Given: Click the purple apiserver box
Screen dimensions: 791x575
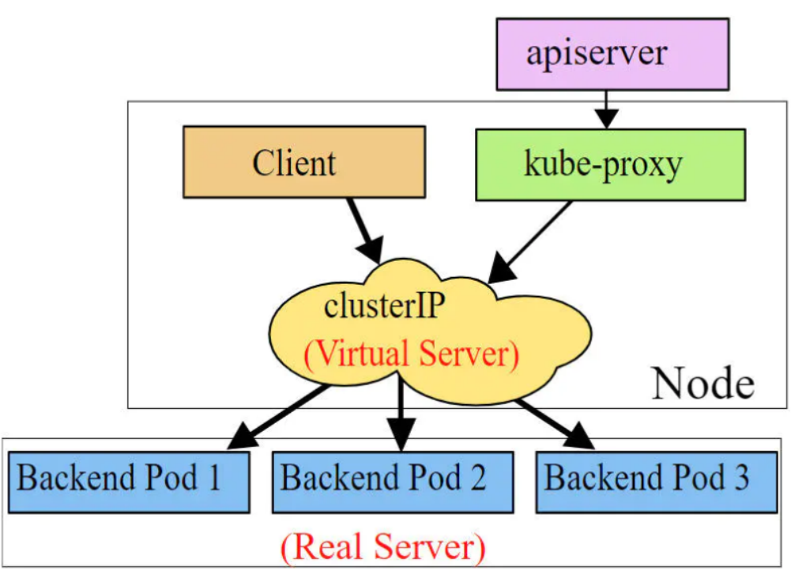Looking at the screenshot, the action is [612, 55].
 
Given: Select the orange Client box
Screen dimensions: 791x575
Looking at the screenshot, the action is [304, 162].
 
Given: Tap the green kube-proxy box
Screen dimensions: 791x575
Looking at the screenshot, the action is [610, 165].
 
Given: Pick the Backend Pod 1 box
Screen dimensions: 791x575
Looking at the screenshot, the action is [129, 482].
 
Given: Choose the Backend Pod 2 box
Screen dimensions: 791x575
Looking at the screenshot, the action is [393, 482].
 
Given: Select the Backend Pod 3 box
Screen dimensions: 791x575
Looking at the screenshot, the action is [657, 482].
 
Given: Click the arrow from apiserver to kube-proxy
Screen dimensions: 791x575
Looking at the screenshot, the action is [606, 110].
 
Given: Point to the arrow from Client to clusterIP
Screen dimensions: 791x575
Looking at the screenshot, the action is [365, 231].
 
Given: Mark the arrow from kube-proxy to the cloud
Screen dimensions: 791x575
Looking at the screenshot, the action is [529, 242].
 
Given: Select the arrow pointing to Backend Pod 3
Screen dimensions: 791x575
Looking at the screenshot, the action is [555, 424].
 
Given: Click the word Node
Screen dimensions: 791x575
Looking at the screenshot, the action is [703, 384].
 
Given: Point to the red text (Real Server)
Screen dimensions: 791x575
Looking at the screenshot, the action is [383, 548].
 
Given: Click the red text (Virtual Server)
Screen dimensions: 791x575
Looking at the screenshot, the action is [411, 354].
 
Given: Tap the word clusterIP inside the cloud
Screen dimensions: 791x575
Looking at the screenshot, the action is [384, 305].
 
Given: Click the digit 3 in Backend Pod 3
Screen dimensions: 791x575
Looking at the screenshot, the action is [741, 477].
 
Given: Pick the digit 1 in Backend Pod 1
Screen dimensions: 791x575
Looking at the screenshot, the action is [215, 477].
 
